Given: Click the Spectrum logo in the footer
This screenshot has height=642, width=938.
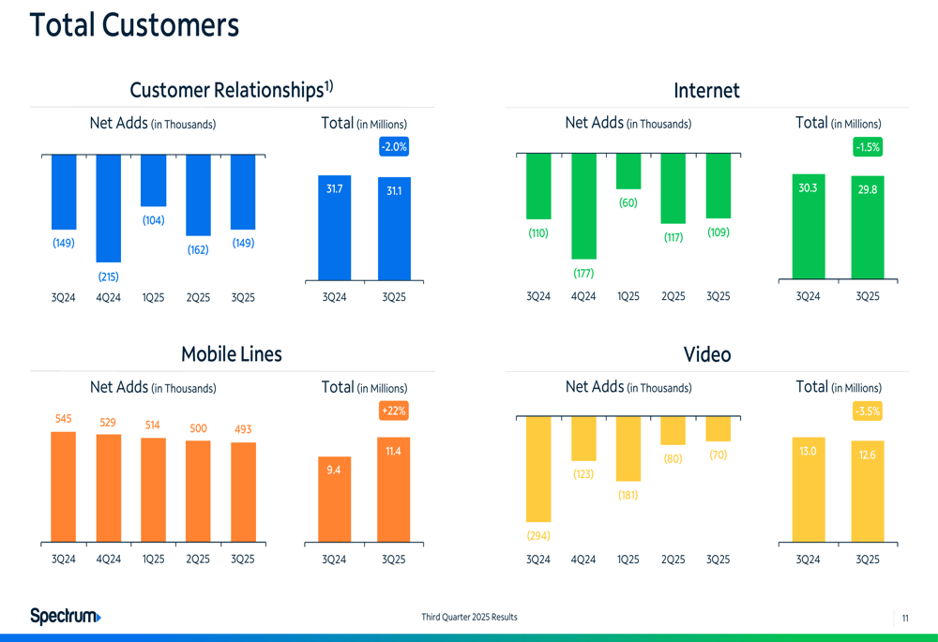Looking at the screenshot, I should tap(65, 616).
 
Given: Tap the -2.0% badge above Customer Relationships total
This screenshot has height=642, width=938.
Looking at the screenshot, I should tap(394, 147).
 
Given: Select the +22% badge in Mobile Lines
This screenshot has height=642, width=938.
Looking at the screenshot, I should tap(394, 411).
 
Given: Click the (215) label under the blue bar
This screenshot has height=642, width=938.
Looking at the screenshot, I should tap(108, 276).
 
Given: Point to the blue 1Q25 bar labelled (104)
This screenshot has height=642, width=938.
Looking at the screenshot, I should tap(153, 180).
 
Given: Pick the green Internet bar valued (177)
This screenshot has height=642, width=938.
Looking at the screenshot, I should tap(583, 206).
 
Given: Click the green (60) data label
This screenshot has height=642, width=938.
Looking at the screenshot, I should tap(628, 202).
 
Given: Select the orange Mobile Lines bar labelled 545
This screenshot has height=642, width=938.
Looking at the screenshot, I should tap(63, 487).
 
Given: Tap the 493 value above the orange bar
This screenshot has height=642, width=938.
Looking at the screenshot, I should tap(242, 429).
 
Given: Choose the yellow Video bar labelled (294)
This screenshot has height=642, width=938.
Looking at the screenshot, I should tap(538, 469).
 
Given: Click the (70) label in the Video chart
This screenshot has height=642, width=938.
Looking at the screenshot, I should tap(718, 455).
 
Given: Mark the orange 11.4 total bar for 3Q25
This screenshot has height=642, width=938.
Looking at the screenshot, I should tap(394, 490).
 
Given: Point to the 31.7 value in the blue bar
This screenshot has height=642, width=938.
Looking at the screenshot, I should tap(334, 189).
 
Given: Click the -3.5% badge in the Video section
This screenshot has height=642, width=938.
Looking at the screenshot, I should tap(868, 411).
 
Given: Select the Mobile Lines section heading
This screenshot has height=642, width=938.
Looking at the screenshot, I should tap(231, 354).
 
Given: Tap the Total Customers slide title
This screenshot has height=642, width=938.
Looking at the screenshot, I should tap(134, 25).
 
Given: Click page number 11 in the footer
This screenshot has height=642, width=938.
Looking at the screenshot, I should tap(905, 618).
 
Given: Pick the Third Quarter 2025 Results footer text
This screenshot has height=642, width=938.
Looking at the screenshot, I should tap(469, 617).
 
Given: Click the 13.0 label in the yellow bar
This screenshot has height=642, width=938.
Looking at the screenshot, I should tap(808, 451).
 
